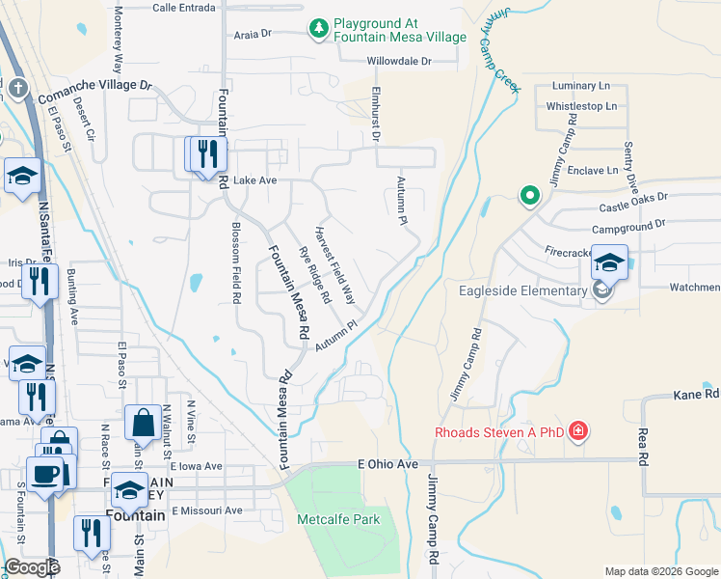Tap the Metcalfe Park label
pos(338,520)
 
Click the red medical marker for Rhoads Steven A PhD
pos(577,430)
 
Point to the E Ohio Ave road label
pos(387,464)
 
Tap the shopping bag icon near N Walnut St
pos(143,423)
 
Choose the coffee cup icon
pos(44,474)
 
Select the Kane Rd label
pos(696,395)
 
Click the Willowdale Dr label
pos(398,62)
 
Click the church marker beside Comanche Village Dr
pos(17,90)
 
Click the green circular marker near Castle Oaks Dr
pos(528,196)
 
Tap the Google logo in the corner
pos(32,567)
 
